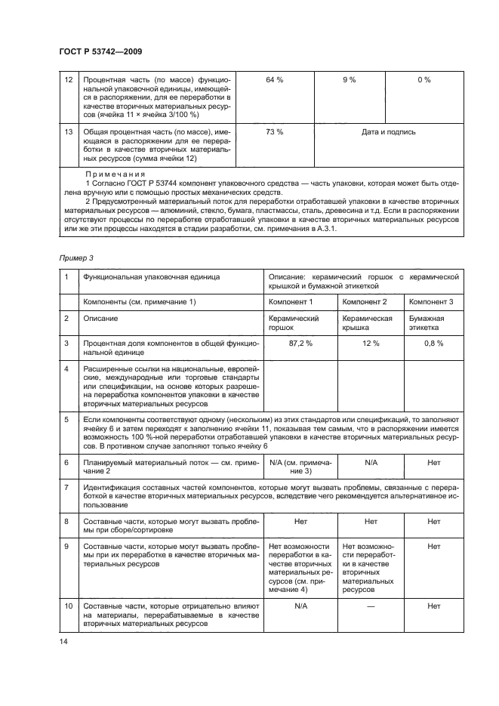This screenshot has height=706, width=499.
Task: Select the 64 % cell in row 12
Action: tap(275, 79)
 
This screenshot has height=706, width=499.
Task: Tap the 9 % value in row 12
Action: tap(350, 79)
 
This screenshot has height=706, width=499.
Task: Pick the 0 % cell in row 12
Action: tap(424, 79)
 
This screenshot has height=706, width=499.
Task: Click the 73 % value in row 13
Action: tap(275, 132)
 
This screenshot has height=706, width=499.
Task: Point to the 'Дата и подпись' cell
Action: tap(388, 132)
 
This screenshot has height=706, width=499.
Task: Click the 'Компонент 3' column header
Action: tap(431, 302)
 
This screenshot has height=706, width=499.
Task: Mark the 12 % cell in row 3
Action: tap(371, 343)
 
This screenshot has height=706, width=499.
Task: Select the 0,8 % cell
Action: tap(434, 343)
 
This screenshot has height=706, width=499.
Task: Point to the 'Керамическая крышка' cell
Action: tap(368, 323)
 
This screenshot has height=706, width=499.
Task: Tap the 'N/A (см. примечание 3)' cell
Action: tap(300, 465)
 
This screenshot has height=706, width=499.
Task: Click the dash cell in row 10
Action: tap(371, 606)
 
